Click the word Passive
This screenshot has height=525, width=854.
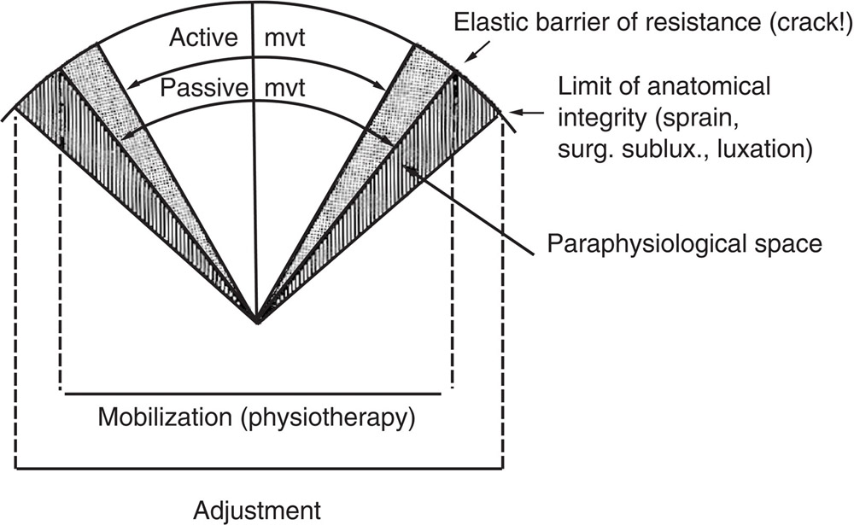pyautogui.click(x=199, y=87)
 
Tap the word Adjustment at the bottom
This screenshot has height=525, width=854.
pyautogui.click(x=257, y=510)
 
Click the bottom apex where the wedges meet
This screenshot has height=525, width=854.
pyautogui.click(x=257, y=322)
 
